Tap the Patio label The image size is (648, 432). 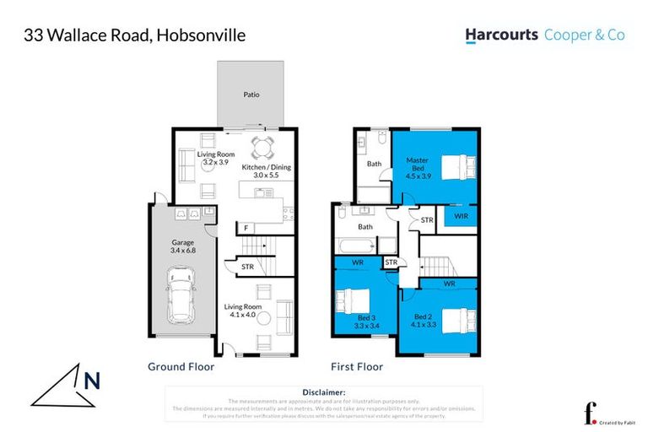251,94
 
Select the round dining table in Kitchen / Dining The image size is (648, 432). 263,148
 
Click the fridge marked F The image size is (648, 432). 246,228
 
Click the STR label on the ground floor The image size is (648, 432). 247,267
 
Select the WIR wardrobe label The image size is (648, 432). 460,216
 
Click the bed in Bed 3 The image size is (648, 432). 352,302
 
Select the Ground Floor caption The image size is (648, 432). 181,367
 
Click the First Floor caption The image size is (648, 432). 357,367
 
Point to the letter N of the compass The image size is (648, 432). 92,381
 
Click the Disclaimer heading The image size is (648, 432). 323,392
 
